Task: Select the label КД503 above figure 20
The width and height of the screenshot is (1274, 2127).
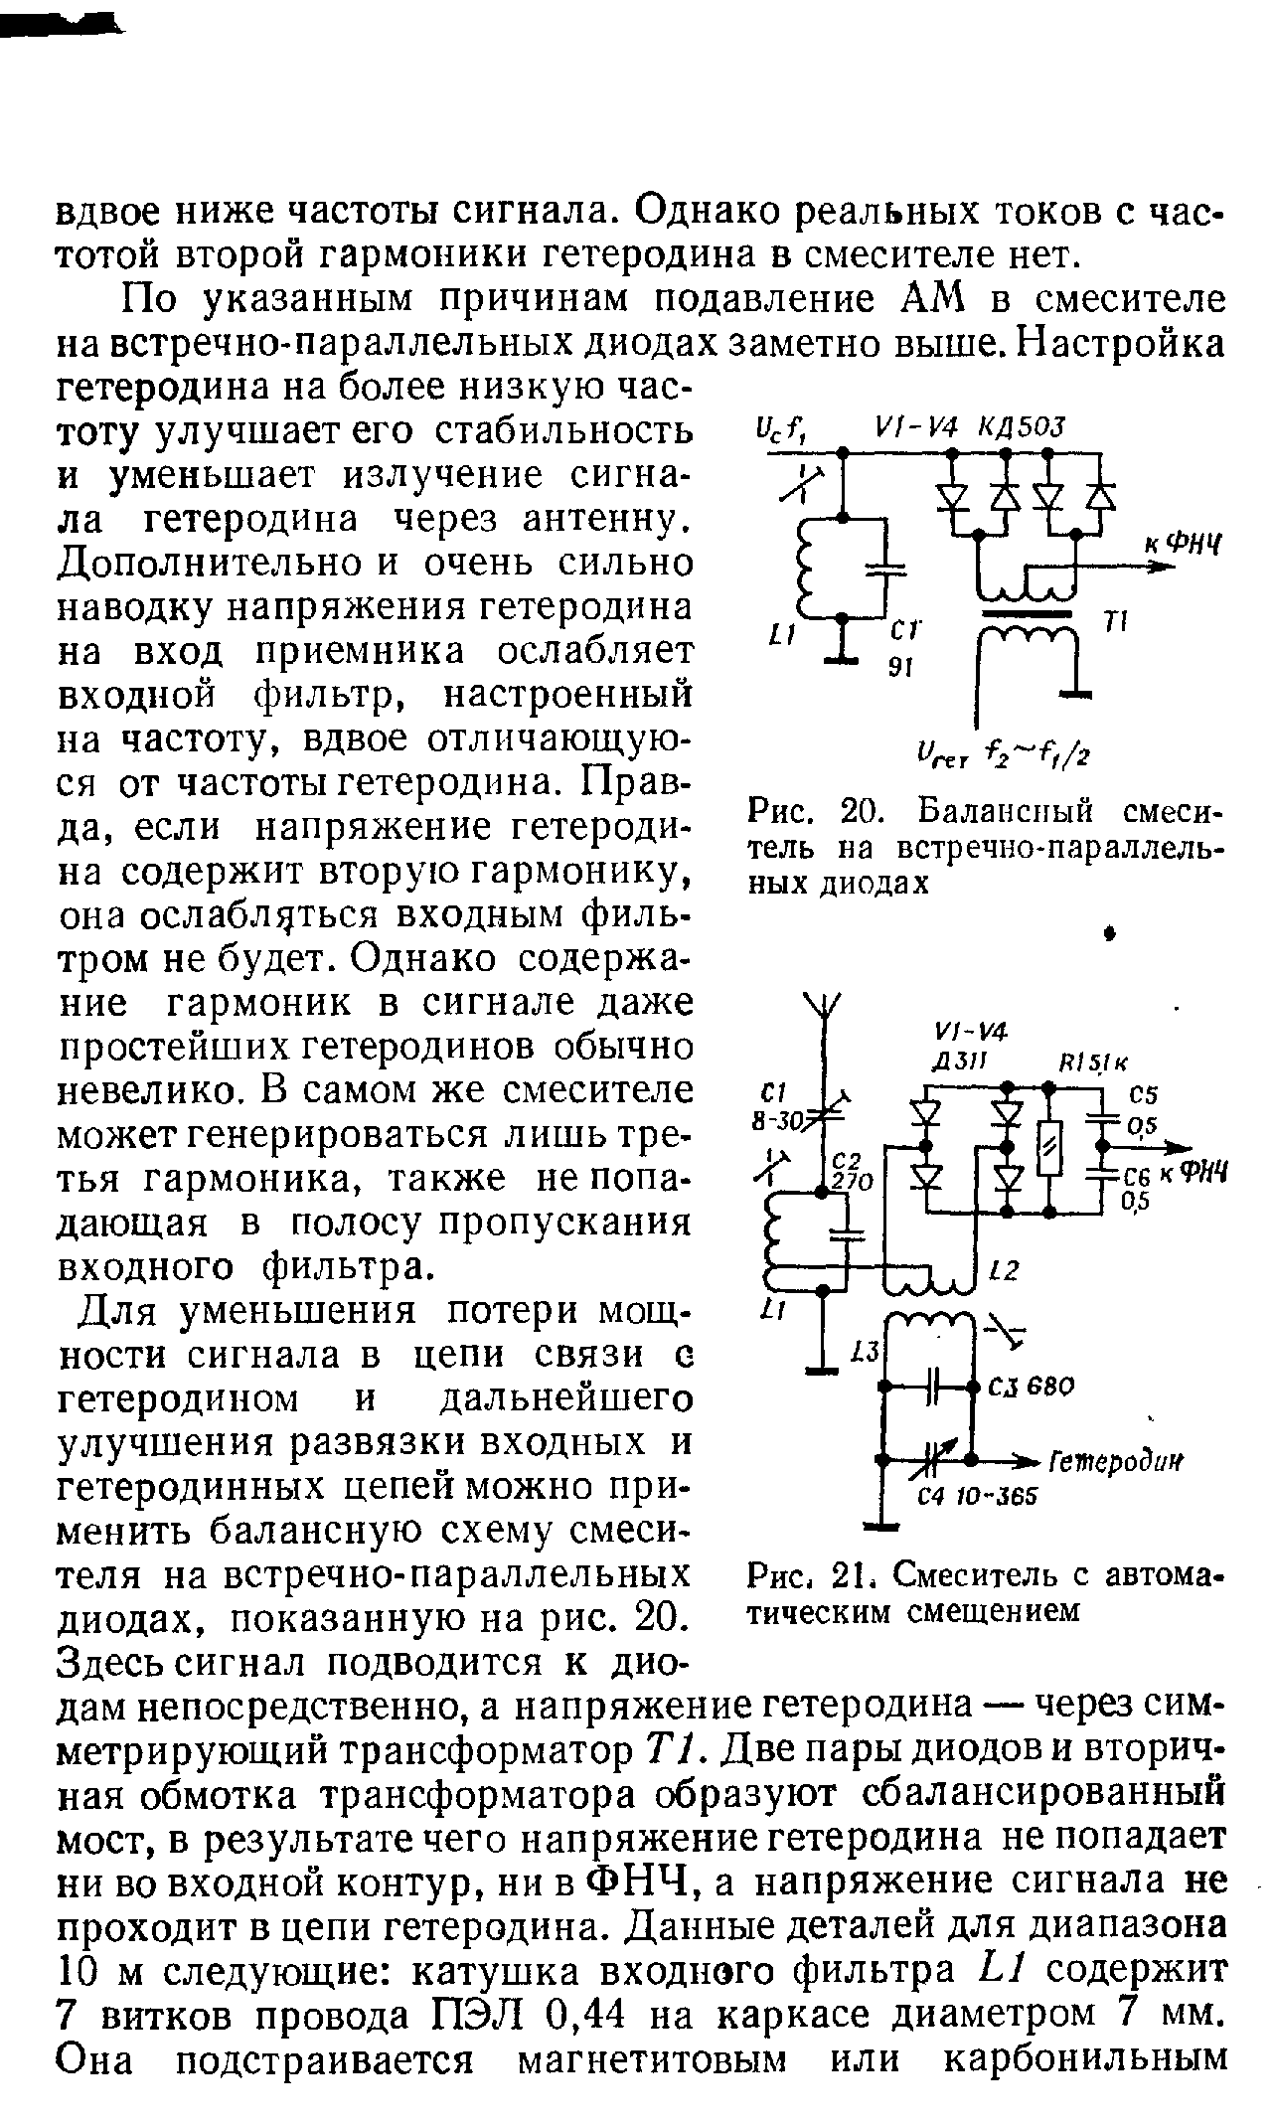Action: coord(1023,426)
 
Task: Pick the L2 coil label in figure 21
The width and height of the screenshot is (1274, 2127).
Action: coord(1004,1270)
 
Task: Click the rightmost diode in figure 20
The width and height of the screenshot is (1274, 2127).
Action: coord(1100,494)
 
